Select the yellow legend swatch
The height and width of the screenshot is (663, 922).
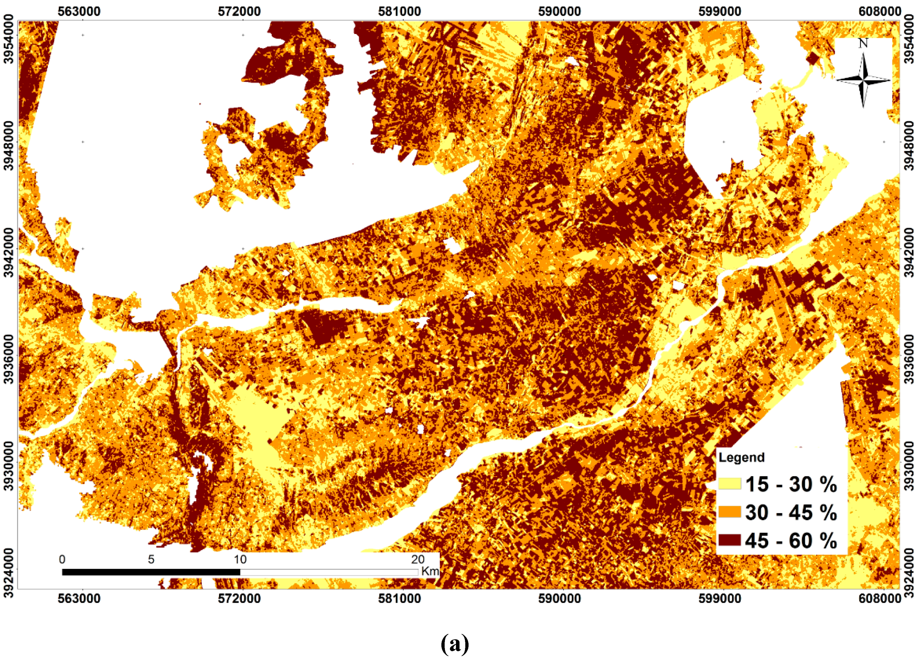point(730,484)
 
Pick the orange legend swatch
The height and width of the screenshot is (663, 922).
point(730,512)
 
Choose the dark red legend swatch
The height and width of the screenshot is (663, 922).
point(730,540)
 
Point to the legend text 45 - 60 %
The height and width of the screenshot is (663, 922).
point(791,541)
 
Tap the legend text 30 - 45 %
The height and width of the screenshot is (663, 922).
point(791,512)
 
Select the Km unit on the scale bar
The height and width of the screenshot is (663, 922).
point(430,571)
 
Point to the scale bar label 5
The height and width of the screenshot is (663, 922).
point(151,560)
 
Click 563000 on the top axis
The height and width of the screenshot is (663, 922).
point(79,11)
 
